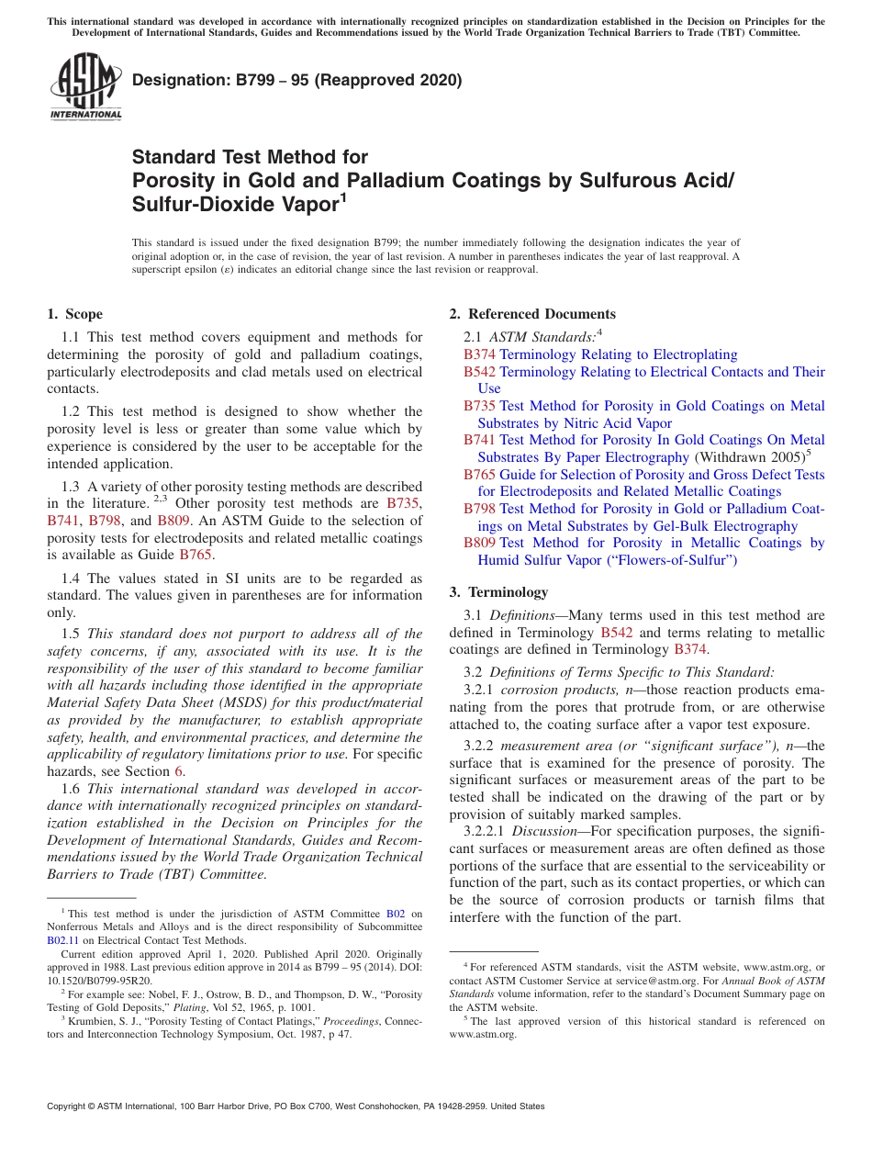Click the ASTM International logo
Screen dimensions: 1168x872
[85, 86]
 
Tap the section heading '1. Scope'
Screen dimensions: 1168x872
[75, 314]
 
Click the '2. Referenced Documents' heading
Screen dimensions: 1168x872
[532, 314]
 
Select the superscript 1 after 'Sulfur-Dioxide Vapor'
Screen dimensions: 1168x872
[343, 197]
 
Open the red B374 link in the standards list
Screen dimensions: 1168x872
[479, 354]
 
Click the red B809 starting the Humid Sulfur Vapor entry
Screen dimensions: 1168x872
[479, 543]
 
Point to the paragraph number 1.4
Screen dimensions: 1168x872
[72, 578]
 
